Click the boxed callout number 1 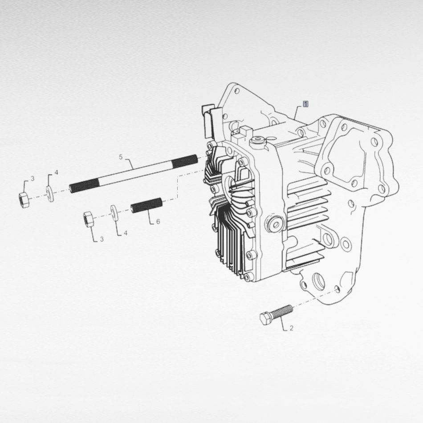point(305,104)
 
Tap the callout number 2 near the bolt point(291,329)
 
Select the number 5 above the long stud point(120,157)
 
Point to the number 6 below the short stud point(158,221)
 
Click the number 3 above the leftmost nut point(32,179)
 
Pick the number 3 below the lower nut point(102,239)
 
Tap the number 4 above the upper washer point(56,172)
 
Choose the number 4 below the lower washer point(125,233)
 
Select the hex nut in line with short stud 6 point(89,219)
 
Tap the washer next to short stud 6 point(114,212)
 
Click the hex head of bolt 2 point(266,318)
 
